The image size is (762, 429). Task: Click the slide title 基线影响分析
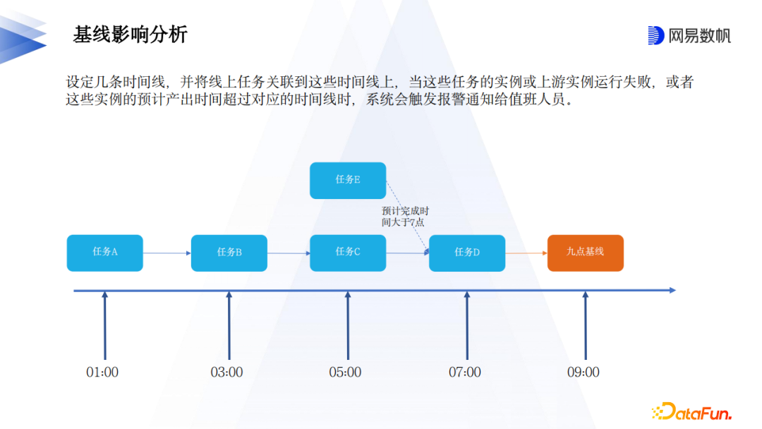point(131,35)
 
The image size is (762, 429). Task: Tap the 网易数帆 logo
point(689,35)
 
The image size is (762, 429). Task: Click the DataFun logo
point(691,411)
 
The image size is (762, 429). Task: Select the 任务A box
point(105,253)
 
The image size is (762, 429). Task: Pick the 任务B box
point(229,253)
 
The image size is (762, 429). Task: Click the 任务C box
point(348,253)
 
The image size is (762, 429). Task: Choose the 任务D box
point(467,253)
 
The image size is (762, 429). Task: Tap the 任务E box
point(348,180)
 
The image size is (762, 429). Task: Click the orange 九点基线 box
point(586,253)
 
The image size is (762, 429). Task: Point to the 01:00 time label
point(102,372)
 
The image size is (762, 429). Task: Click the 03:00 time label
point(226,372)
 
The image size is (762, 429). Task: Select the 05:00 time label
point(345,372)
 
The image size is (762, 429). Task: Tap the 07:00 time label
point(465,372)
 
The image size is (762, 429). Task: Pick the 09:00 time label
point(583,372)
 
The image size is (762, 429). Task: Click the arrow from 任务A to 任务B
point(167,253)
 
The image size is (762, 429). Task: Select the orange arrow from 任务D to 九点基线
point(526,253)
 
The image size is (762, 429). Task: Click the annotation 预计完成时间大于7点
point(405,217)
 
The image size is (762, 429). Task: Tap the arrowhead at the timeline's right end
point(672,290)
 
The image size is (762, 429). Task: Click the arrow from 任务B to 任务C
point(289,253)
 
